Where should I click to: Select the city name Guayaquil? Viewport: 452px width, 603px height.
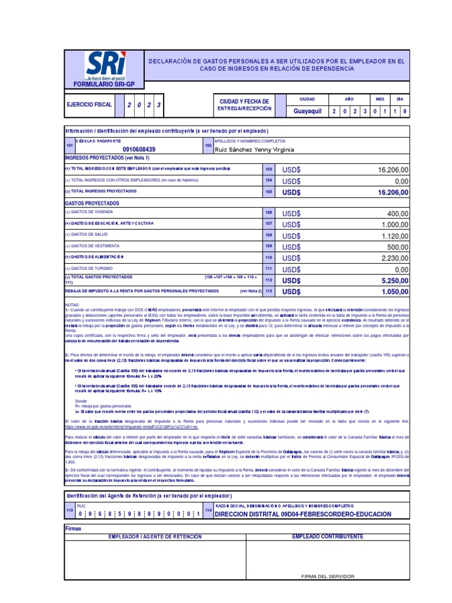[307, 111]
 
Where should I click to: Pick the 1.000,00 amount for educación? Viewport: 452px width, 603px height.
[393, 225]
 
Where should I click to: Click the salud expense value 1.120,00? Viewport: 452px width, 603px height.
[393, 236]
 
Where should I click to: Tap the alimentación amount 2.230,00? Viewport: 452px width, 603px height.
[393, 259]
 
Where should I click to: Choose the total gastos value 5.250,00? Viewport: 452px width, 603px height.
[393, 281]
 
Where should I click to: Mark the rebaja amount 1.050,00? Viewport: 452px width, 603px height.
[393, 291]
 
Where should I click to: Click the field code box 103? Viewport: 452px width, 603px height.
[269, 170]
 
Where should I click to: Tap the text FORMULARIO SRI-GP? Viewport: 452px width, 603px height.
[104, 84]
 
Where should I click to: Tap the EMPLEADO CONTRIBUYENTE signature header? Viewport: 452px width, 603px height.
[327, 536]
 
